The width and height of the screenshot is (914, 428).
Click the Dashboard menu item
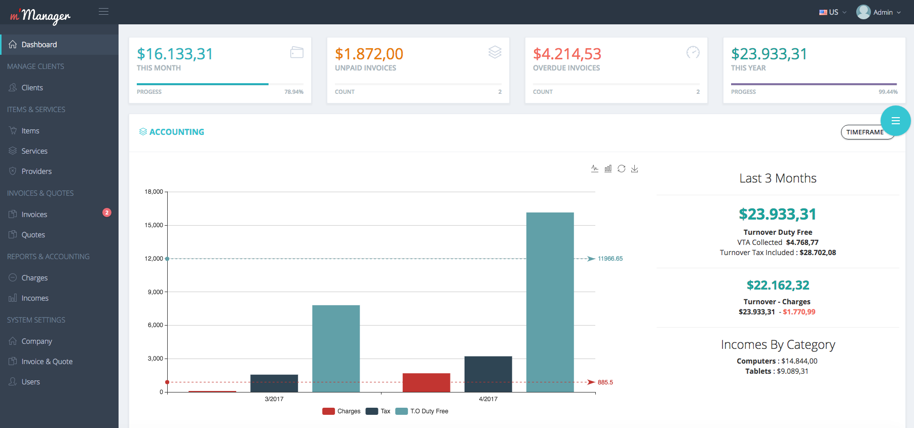coord(39,45)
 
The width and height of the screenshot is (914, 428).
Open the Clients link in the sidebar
coord(32,88)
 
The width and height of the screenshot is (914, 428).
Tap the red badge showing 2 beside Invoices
coord(107,212)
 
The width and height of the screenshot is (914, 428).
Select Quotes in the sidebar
coord(33,235)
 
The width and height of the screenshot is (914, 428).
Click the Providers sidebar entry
coord(36,171)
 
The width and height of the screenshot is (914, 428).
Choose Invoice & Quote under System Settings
coord(47,362)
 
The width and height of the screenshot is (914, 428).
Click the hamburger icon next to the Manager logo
coord(103,12)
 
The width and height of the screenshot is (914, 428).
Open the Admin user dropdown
coord(879,12)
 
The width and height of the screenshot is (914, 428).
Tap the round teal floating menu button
coord(895,121)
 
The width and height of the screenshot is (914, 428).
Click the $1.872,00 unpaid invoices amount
coord(369,54)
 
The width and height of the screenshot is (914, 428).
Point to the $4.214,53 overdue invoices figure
coord(567,54)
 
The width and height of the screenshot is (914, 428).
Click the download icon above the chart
coord(634,169)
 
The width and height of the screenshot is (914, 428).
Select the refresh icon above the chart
coord(621,169)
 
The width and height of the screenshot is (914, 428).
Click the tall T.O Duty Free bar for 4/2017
coord(550,302)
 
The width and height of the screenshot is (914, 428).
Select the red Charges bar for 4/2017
coord(426,382)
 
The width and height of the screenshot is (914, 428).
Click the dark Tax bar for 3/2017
coord(274,383)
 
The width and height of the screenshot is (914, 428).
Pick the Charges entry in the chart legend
coord(342,411)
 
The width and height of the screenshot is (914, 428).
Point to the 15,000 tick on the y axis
coord(154,225)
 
